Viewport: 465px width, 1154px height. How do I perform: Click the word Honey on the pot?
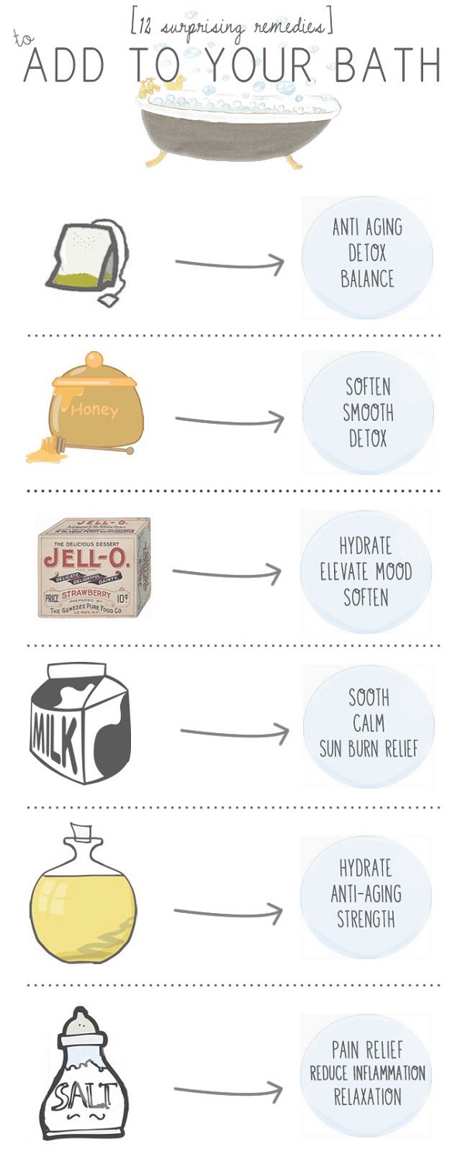tap(94, 408)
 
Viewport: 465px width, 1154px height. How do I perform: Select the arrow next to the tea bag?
tap(229, 264)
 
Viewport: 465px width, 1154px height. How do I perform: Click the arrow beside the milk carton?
tap(234, 732)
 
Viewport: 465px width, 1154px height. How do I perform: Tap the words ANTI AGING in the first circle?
tap(367, 228)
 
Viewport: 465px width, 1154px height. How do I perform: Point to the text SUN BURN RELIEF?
tap(368, 749)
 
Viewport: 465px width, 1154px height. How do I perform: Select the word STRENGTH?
tap(366, 920)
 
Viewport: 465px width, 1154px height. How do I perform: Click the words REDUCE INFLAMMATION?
tap(367, 1073)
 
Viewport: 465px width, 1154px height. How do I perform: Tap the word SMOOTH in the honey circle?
tap(368, 413)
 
